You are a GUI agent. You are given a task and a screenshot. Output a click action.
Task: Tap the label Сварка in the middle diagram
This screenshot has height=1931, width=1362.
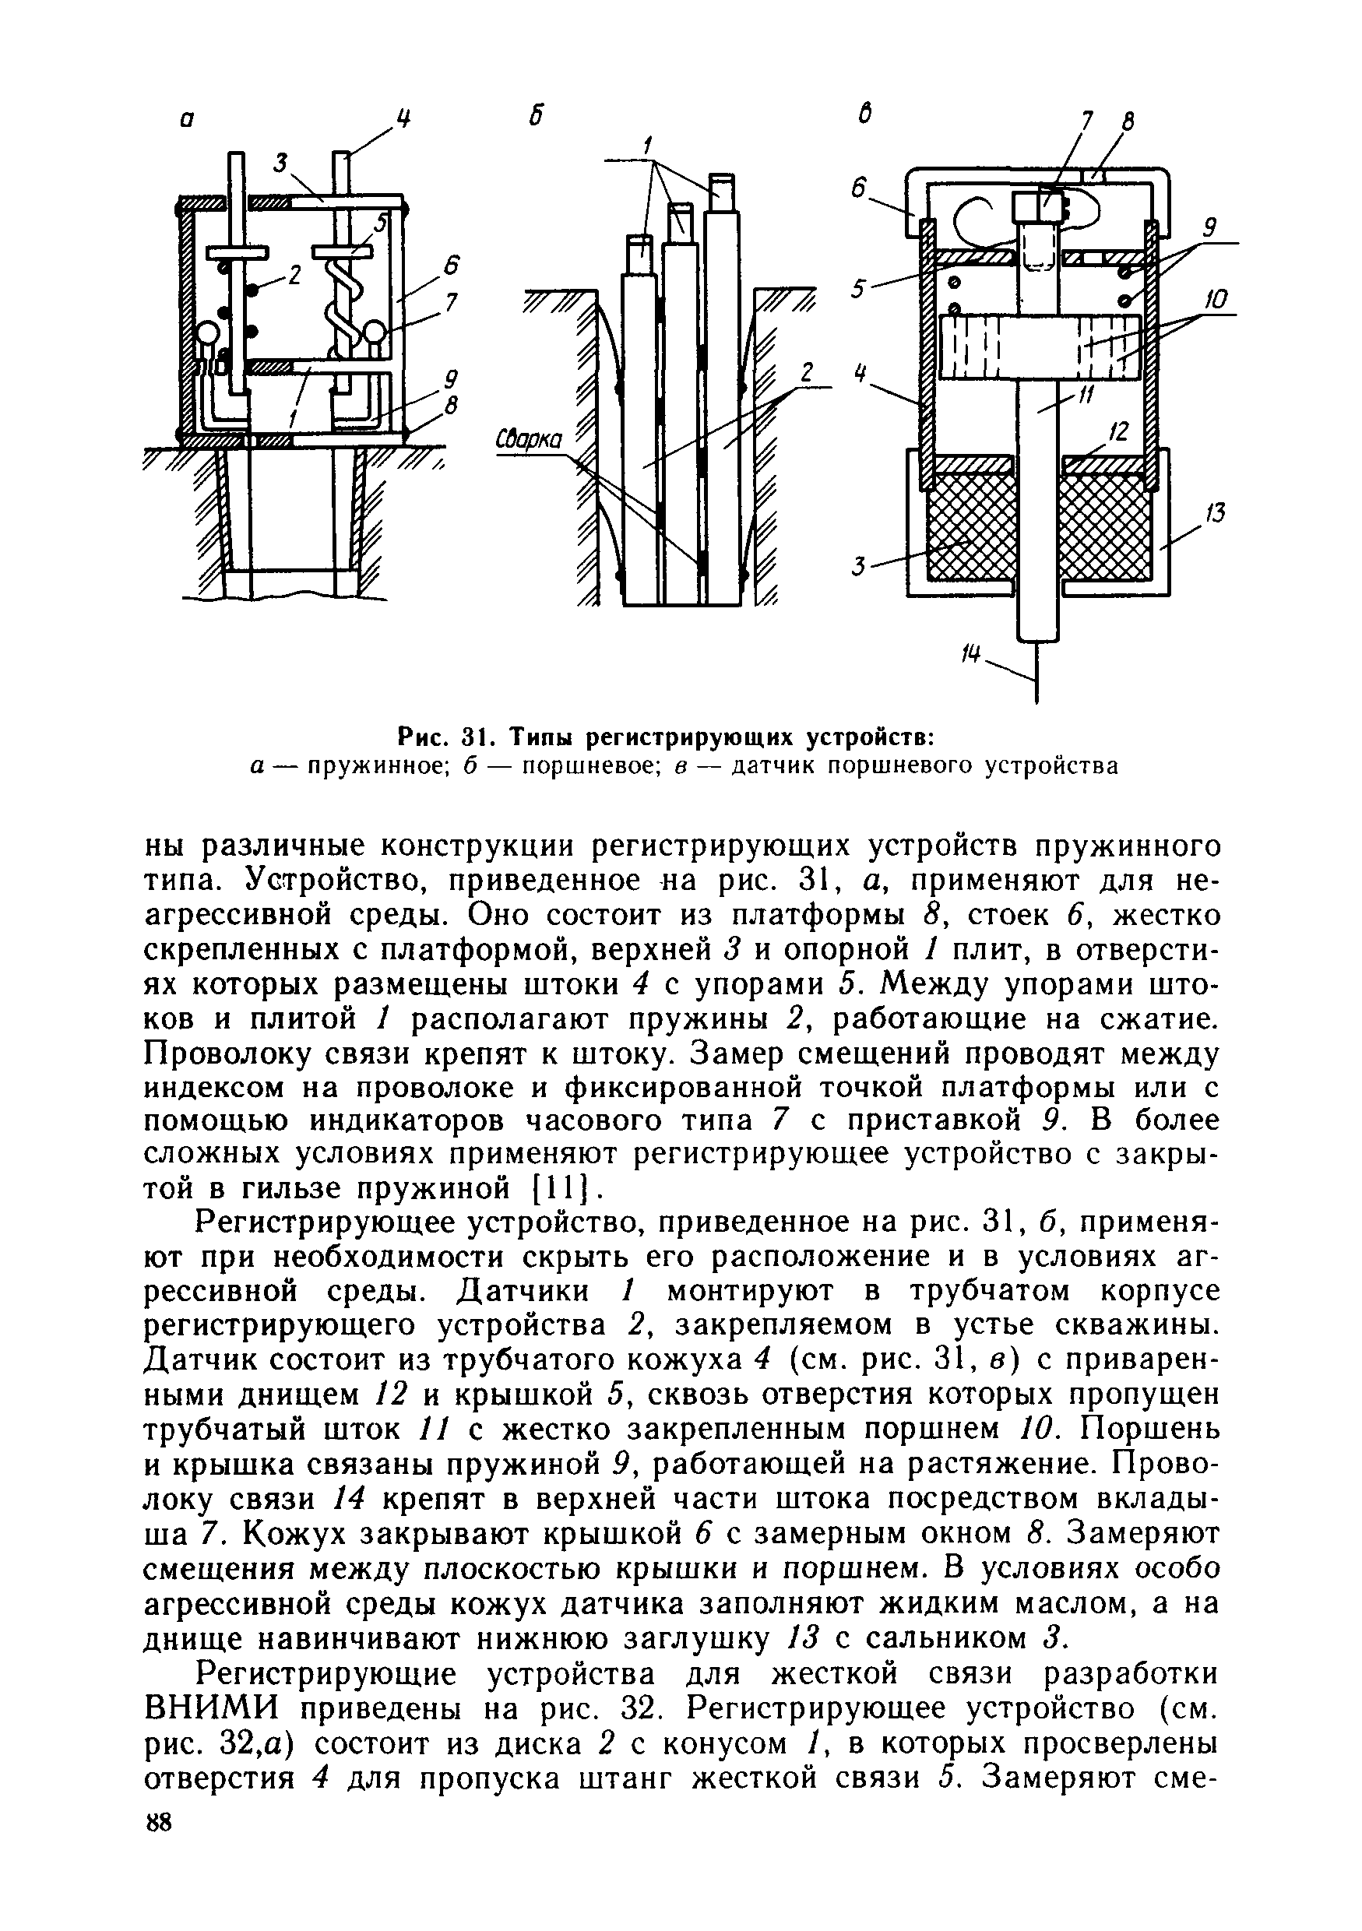click(533, 441)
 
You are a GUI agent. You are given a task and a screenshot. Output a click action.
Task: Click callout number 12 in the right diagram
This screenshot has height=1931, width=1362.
click(1117, 431)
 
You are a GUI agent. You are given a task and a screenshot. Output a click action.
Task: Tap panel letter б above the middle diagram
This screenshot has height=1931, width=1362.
click(533, 118)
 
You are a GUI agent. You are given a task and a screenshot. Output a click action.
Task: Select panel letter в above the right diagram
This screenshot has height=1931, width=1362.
click(864, 116)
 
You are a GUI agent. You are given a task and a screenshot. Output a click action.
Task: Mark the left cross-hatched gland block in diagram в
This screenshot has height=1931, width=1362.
click(966, 526)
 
